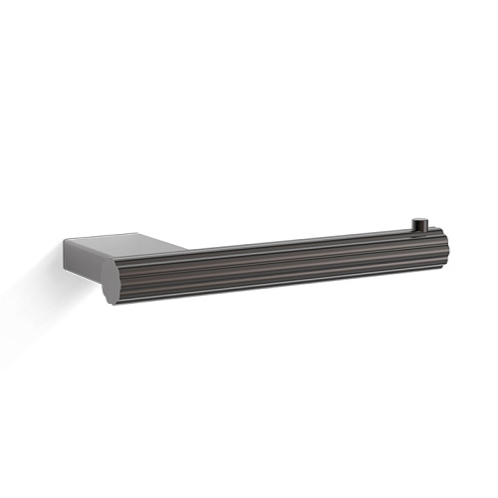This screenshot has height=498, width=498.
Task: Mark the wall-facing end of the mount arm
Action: (x=68, y=259)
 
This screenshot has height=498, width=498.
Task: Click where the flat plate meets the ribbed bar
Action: (x=179, y=251)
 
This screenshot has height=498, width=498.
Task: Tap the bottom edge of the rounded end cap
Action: (x=116, y=302)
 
